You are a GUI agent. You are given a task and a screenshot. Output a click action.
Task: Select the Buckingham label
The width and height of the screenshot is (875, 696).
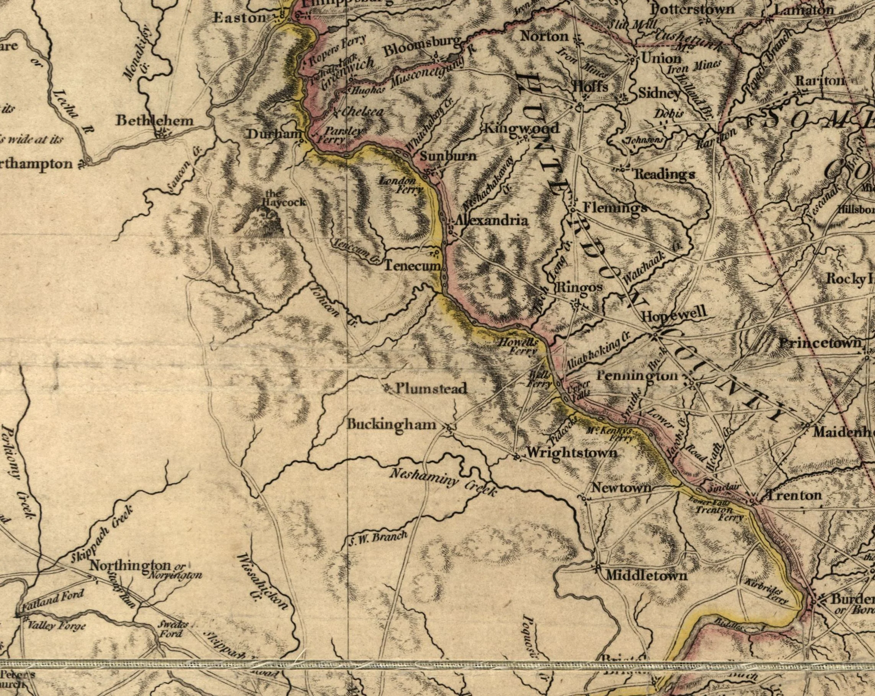[392, 424]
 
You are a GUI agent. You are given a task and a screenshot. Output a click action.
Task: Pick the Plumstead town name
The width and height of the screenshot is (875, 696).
[431, 389]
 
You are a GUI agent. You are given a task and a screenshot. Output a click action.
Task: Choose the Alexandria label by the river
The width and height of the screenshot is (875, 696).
[491, 221]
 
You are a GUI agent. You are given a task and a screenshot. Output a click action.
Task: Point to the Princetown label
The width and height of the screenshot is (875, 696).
[820, 343]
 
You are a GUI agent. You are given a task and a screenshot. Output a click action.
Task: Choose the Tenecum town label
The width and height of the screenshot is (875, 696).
[412, 266]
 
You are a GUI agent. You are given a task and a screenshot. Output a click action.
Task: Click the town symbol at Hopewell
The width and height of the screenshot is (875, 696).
[655, 335]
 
